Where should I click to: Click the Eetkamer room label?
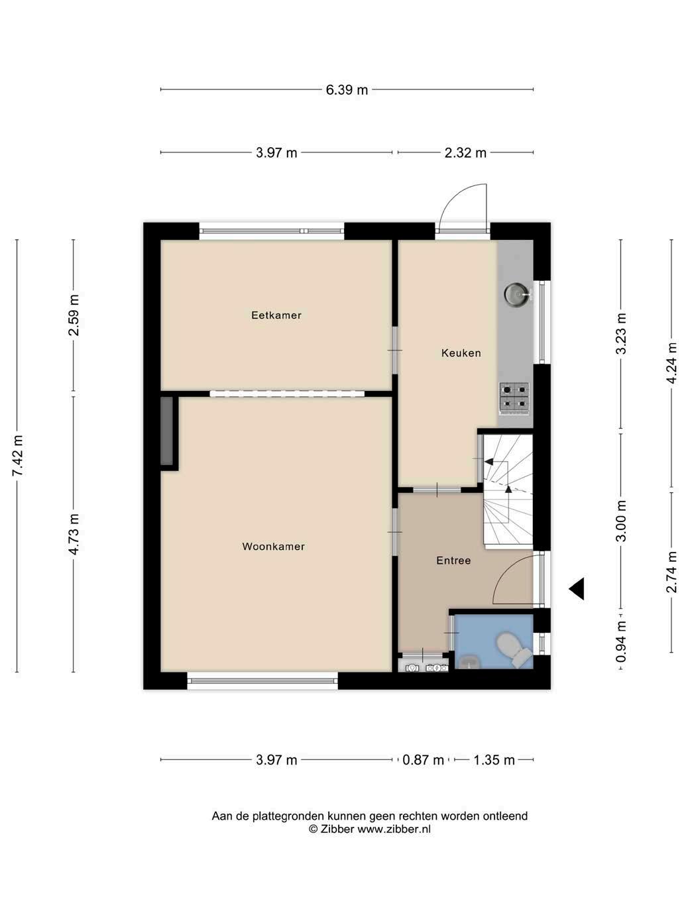coord(276,315)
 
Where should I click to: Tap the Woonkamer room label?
coord(274,547)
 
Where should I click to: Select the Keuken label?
coord(461,353)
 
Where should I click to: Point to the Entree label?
coord(453,561)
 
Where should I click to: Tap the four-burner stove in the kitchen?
coord(514,398)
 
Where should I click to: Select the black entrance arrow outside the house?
coord(577,589)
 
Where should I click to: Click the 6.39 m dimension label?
coord(347,90)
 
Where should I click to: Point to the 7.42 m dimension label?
coord(18,456)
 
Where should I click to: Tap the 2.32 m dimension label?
coord(465,153)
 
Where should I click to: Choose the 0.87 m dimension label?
coord(423,760)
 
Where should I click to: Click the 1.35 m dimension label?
coord(494,760)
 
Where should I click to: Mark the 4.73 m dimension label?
coord(74,534)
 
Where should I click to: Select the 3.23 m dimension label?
coord(622,333)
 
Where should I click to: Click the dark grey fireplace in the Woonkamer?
coord(166,431)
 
